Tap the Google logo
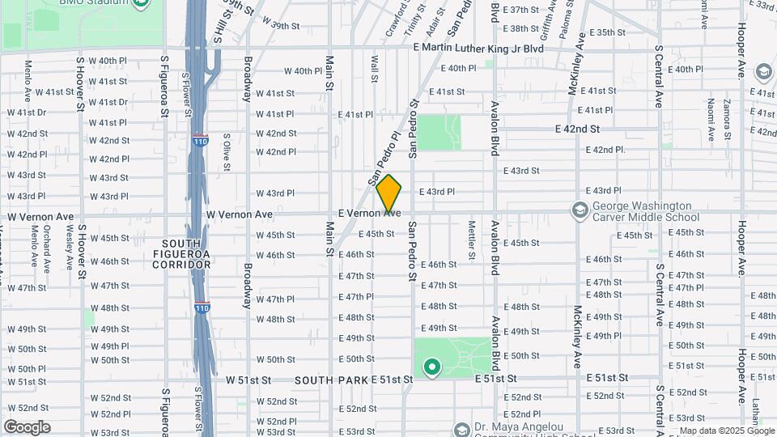point(27,426)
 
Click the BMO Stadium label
point(97,3)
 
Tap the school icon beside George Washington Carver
point(580,210)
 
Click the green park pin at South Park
point(432,369)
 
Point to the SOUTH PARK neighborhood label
point(330,380)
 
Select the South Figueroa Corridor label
point(186,253)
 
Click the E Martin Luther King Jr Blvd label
point(478,49)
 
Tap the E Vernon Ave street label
point(369,212)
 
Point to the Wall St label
point(374,68)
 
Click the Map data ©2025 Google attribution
point(725,431)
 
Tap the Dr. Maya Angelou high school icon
point(462,429)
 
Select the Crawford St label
point(396,20)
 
